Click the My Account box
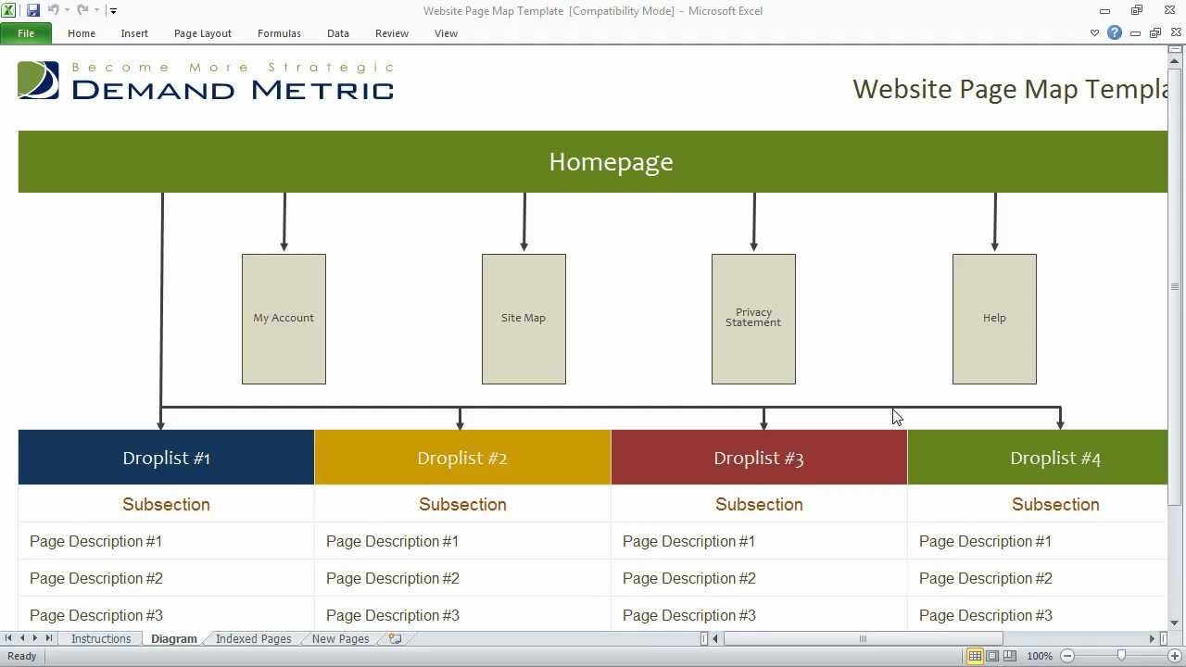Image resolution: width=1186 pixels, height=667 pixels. click(x=284, y=319)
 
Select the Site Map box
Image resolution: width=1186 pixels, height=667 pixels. click(x=524, y=319)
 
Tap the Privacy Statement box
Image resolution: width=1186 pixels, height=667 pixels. click(x=753, y=319)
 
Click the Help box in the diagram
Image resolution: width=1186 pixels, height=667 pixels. click(x=994, y=319)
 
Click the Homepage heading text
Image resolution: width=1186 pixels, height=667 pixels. click(x=611, y=162)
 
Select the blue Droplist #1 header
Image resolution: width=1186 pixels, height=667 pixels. click(x=167, y=458)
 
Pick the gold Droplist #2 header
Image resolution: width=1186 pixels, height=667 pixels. click(x=462, y=458)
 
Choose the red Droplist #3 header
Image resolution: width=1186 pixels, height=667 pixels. click(x=759, y=458)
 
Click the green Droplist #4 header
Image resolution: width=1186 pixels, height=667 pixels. click(x=1054, y=458)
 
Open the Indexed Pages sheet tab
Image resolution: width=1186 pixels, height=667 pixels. click(x=253, y=638)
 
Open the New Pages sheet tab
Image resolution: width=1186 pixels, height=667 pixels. click(x=340, y=638)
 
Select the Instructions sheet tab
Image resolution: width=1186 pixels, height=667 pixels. click(x=101, y=638)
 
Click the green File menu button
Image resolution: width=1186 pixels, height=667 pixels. click(x=26, y=33)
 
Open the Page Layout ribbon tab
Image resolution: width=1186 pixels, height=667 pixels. click(x=202, y=33)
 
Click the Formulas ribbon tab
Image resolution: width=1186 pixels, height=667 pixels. click(x=279, y=33)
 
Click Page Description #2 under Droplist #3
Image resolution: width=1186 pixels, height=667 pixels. click(x=689, y=578)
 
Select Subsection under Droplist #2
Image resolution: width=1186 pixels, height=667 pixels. click(x=462, y=504)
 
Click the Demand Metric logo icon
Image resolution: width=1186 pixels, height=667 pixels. click(x=38, y=81)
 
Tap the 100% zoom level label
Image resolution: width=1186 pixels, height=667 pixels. click(x=1040, y=656)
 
